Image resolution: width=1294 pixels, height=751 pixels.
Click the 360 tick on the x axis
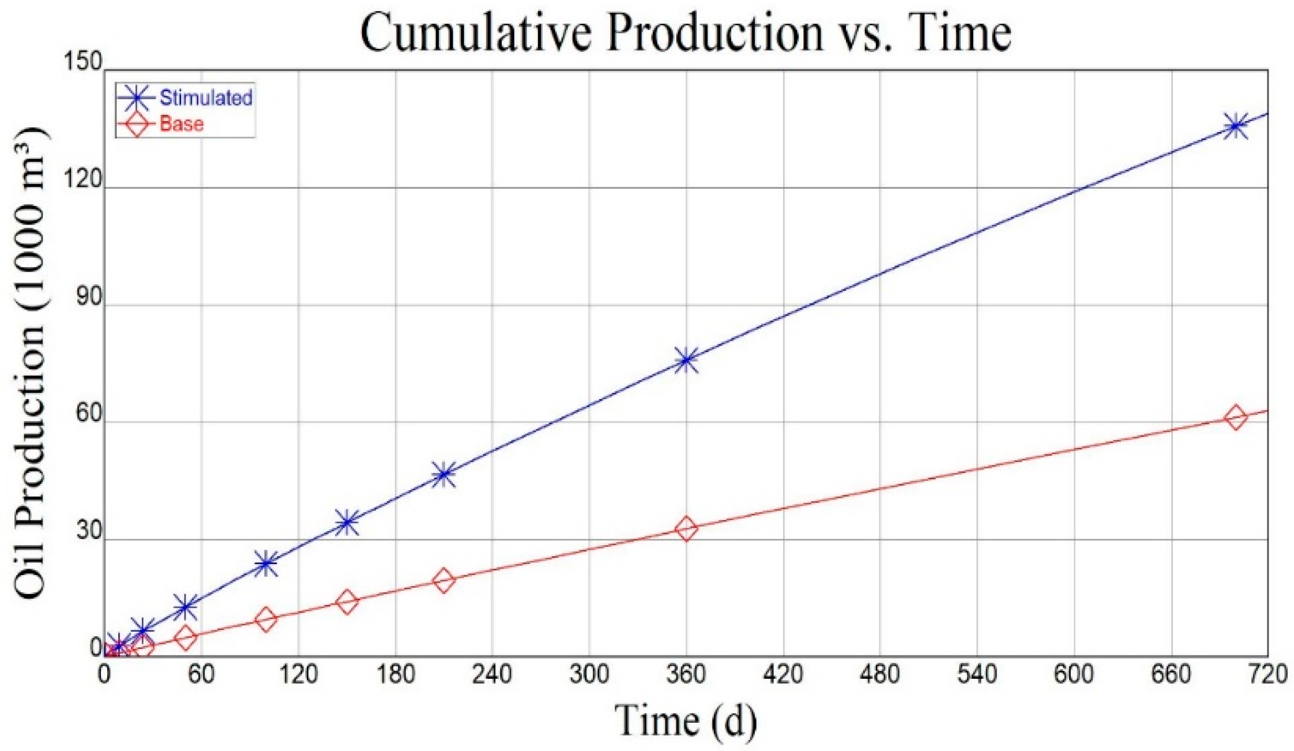[x=686, y=674]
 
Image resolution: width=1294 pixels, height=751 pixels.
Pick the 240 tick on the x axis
[x=492, y=674]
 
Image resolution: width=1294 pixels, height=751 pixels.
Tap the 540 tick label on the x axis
[x=977, y=674]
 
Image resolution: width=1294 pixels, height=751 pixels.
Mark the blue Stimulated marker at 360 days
[x=686, y=361]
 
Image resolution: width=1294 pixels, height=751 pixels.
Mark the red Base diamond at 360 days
[x=686, y=528]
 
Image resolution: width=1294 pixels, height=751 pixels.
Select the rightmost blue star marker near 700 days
[x=1235, y=126]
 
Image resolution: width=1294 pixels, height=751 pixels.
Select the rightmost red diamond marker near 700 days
[x=1235, y=417]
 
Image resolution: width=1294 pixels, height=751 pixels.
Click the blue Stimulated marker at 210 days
[x=443, y=474]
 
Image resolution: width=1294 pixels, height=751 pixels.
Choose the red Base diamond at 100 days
[x=266, y=619]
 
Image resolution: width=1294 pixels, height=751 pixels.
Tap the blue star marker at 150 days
[x=347, y=523]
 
